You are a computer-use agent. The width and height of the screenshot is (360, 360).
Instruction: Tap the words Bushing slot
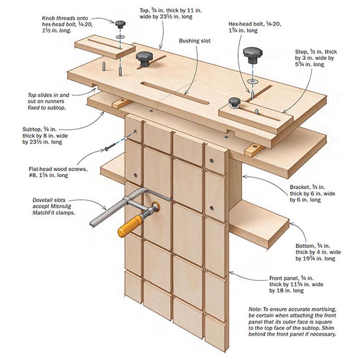pos(194,41)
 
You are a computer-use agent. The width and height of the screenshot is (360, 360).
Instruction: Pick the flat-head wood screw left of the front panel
pos(110,148)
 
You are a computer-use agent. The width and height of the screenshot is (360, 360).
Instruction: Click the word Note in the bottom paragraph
pos(255,309)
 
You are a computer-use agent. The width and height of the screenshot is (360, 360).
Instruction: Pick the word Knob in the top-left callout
pos(50,18)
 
